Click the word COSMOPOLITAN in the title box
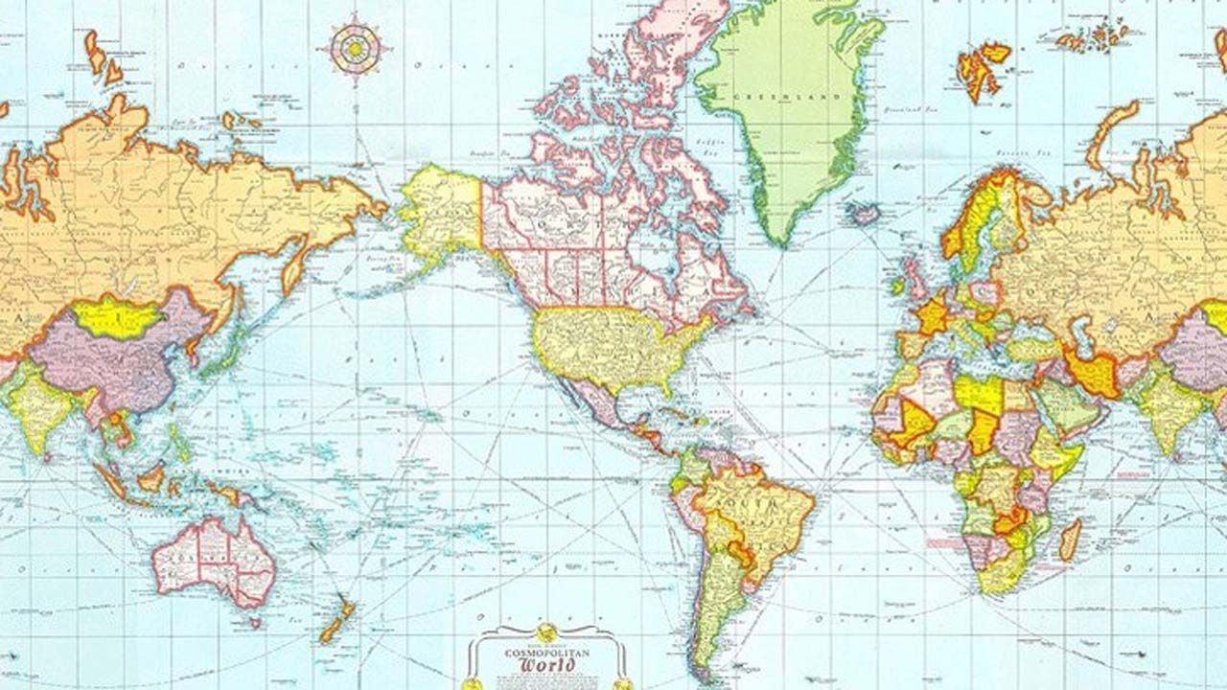547,652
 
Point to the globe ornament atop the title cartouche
546,632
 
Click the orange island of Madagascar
1070,540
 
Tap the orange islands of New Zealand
336,622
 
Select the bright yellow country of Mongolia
114,317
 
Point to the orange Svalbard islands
983,67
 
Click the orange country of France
931,314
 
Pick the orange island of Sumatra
113,482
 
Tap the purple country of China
105,364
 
